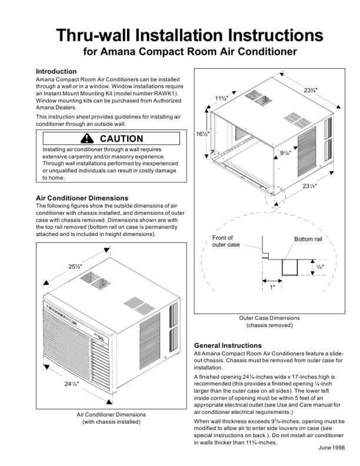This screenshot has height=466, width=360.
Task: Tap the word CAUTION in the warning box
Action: [x=122, y=139]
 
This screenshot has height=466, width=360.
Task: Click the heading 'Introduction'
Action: [x=56, y=71]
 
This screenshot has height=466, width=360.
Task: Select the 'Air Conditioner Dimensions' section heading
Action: [x=82, y=198]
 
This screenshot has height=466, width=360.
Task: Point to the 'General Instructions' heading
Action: [x=228, y=345]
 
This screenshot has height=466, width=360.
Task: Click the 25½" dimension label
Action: [x=75, y=267]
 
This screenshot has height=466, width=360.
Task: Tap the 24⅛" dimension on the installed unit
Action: [x=71, y=384]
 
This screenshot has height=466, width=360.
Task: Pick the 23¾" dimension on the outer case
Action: [x=311, y=90]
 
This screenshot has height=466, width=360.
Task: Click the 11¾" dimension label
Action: [x=222, y=98]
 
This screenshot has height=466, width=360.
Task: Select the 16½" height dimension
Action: [x=203, y=134]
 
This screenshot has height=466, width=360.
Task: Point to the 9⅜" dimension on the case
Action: [x=285, y=152]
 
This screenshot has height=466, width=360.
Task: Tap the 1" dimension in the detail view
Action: [x=272, y=288]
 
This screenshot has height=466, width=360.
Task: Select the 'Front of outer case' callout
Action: [x=226, y=241]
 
